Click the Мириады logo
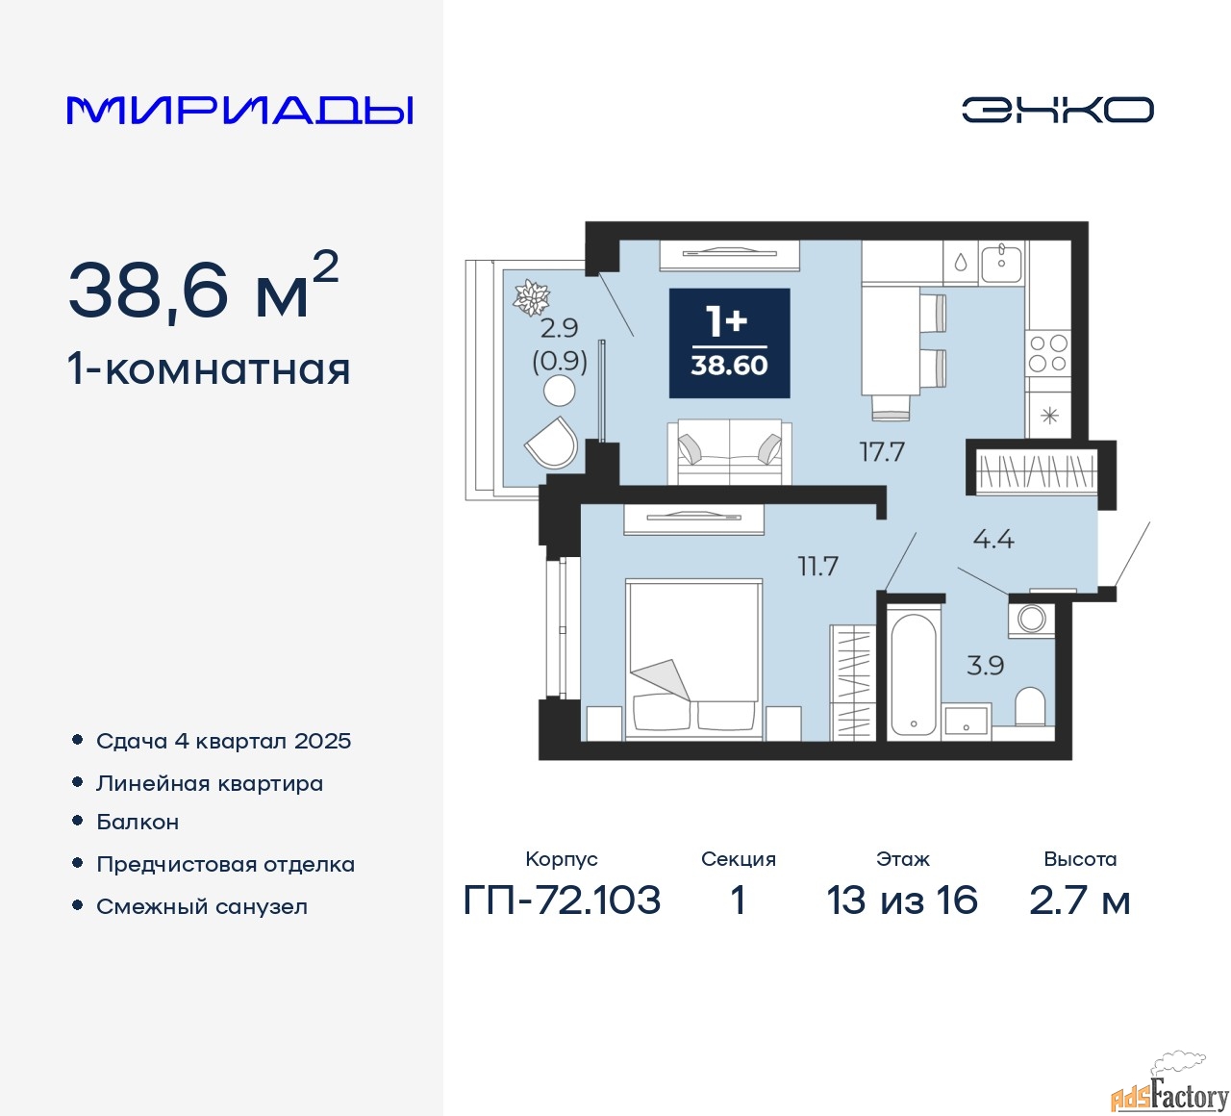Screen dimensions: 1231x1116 [239, 111]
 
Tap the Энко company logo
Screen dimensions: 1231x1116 [1057, 110]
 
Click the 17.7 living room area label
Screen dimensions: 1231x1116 [882, 452]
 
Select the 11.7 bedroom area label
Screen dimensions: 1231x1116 [817, 566]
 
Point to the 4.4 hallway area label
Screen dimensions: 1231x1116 [993, 540]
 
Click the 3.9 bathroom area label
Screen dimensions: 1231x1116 [986, 666]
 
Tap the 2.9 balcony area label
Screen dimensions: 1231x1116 [559, 328]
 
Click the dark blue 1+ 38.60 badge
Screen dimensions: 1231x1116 [729, 343]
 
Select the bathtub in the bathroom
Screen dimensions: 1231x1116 [914, 674]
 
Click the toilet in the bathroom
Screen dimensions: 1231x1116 [1030, 706]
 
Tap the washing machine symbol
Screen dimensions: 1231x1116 [1031, 620]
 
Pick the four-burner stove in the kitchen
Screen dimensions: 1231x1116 [1048, 354]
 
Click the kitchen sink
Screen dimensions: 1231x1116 [1001, 264]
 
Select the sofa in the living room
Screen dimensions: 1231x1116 [729, 452]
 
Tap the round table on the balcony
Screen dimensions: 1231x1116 [560, 391]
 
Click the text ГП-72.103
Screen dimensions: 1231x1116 [562, 900]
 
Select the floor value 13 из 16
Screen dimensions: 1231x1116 [902, 900]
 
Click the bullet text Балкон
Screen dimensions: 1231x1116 [138, 822]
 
